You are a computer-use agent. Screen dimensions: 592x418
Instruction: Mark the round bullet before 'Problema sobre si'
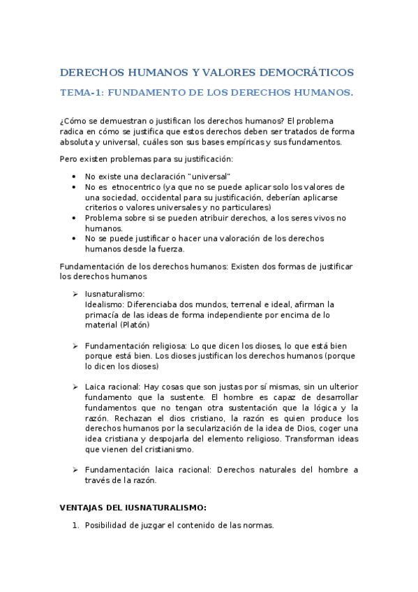tap(75, 219)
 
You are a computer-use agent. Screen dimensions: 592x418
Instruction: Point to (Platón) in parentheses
tap(134, 325)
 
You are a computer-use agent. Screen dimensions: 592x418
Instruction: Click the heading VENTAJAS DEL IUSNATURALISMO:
tap(133, 508)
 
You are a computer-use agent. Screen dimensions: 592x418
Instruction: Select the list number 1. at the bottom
tap(75, 526)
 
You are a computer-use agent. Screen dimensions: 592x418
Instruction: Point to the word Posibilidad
tap(108, 526)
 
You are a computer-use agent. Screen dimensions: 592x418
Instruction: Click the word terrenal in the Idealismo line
tap(227, 304)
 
